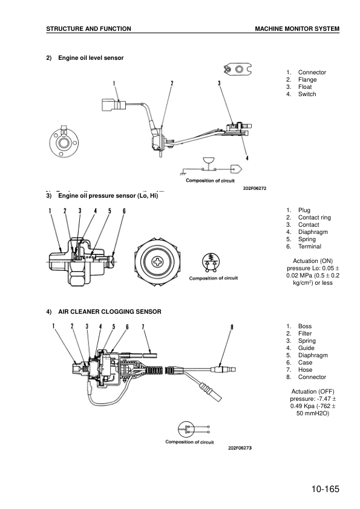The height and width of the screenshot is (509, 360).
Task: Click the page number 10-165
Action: click(325, 489)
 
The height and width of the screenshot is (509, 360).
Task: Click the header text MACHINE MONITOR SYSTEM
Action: click(297, 29)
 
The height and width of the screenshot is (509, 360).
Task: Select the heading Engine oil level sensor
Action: click(91, 58)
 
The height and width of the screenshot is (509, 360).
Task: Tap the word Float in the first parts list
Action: click(305, 86)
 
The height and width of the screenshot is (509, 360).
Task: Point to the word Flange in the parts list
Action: click(307, 80)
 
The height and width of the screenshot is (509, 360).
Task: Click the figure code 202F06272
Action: click(255, 188)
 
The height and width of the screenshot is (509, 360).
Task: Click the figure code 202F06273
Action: click(240, 448)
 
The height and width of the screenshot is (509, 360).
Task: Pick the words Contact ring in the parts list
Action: click(315, 218)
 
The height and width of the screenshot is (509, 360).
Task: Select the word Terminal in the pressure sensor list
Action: click(310, 247)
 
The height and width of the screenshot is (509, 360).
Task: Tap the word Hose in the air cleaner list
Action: click(305, 370)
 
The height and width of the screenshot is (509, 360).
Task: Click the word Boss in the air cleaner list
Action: click(305, 326)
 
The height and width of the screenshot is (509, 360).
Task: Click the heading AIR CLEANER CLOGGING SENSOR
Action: click(110, 312)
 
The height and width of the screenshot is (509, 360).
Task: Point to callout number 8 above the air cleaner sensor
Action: click(232, 327)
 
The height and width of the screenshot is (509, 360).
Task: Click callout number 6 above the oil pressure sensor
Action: click(124, 211)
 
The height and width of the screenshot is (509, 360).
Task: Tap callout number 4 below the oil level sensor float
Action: click(247, 158)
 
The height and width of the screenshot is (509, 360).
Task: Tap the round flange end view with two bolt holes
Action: click(64, 141)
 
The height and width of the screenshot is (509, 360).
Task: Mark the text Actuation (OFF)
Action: click(313, 392)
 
